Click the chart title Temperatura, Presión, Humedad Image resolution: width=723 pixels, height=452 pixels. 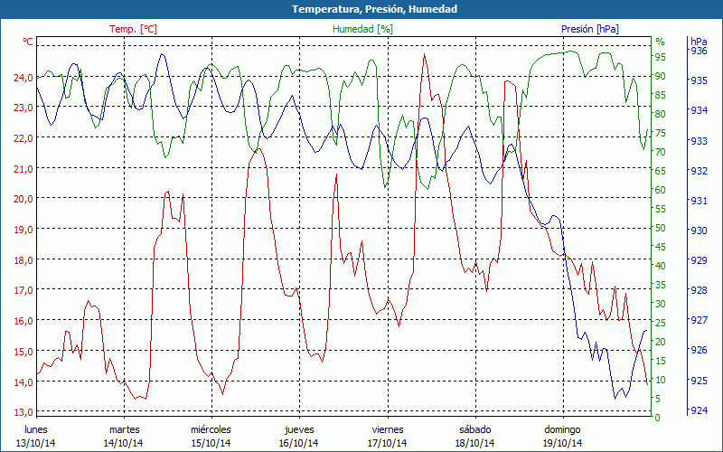click(361, 9)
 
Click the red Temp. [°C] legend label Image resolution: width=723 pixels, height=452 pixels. click(133, 29)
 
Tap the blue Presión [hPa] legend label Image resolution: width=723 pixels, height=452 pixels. click(590, 29)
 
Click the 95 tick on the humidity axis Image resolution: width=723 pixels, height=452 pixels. click(660, 56)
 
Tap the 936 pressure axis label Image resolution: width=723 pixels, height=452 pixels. click(699, 52)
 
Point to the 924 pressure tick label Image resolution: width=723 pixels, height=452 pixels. click(699, 410)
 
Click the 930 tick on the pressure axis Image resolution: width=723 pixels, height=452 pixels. click(699, 231)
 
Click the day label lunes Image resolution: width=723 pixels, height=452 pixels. click(36, 429)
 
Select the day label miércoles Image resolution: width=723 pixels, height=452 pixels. click(211, 429)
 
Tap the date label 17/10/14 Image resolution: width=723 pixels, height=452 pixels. click(387, 443)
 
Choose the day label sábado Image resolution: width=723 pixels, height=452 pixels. click(474, 429)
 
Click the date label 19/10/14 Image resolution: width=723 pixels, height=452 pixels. click(562, 443)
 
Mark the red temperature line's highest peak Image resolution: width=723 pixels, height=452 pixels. click(425, 54)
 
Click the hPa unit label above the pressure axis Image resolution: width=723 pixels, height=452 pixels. click(699, 42)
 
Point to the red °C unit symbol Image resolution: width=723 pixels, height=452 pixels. click(27, 42)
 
